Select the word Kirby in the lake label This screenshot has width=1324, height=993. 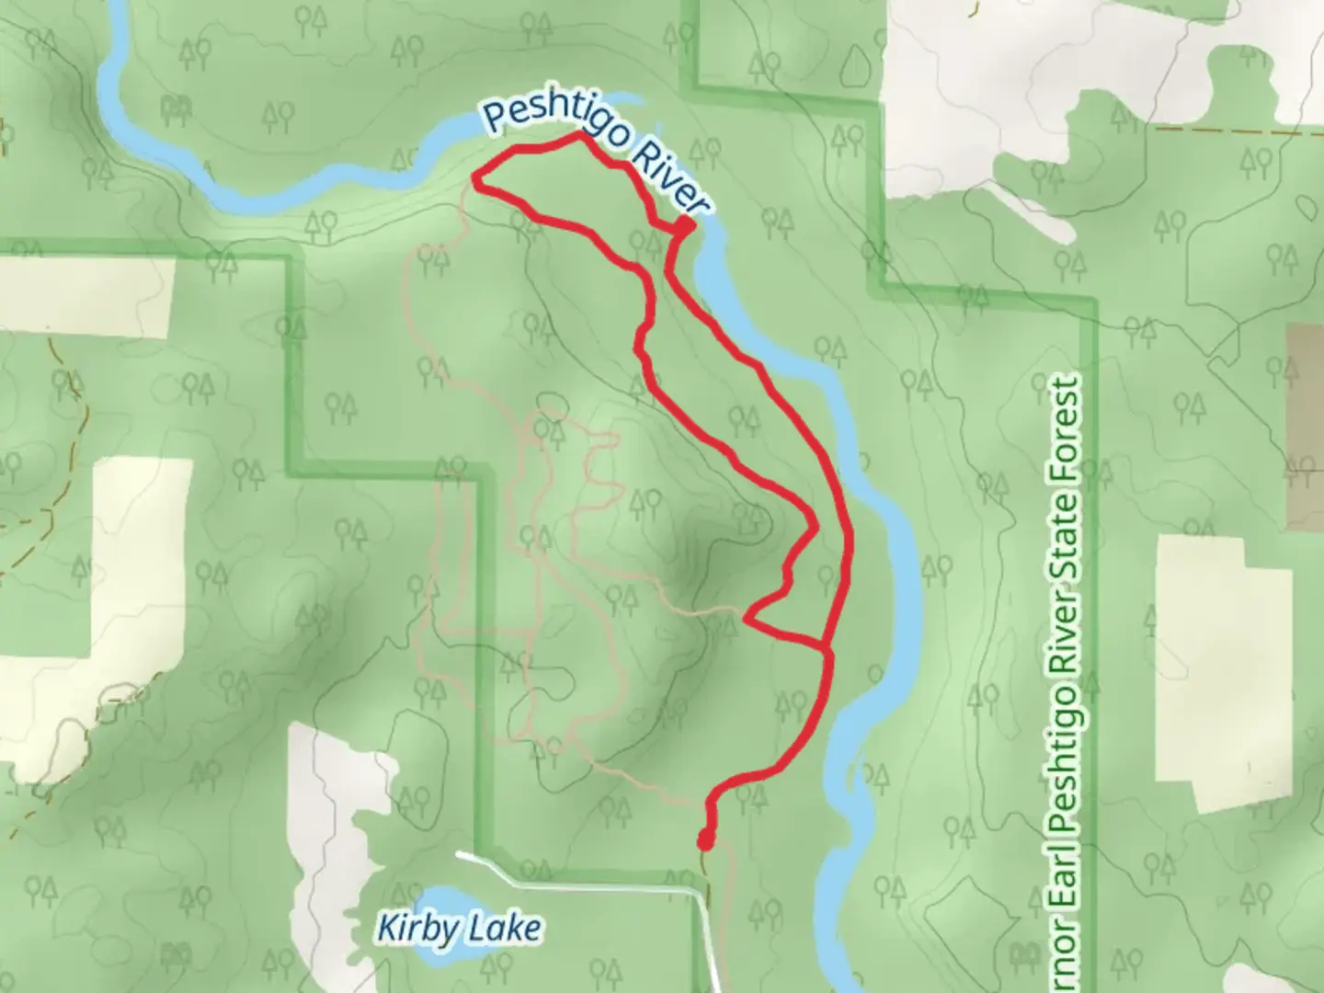point(415,929)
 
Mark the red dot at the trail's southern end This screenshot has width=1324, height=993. point(705,840)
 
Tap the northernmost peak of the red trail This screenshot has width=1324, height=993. point(578,134)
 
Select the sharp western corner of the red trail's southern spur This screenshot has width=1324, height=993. point(748,620)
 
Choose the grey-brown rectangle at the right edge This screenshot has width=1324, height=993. point(1307,428)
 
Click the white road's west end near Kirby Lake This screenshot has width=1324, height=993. point(460,854)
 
